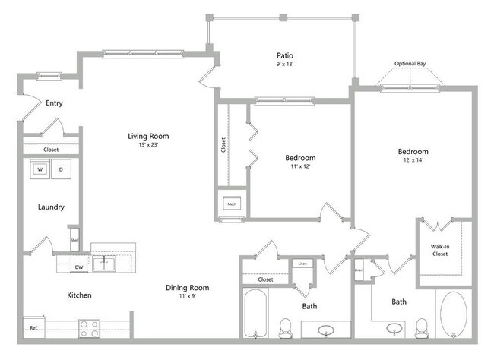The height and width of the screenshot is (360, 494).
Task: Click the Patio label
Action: [x=285, y=55]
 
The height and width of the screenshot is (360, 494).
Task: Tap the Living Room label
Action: [x=148, y=137]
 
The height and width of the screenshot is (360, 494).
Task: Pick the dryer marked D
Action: [x=62, y=169]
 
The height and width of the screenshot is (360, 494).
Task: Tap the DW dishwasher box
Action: [x=78, y=267]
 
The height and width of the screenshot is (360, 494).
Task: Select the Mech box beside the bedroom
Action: [x=231, y=204]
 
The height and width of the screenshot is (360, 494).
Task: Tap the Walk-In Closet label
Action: [x=441, y=249]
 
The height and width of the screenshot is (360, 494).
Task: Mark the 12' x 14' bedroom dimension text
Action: [x=413, y=160]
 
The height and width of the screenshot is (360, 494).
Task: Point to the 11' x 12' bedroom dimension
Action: [x=300, y=166]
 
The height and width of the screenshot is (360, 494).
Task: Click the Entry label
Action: [x=53, y=103]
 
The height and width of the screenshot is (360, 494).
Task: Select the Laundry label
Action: [x=50, y=207]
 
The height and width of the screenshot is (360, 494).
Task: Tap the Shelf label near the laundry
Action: [x=74, y=241]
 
